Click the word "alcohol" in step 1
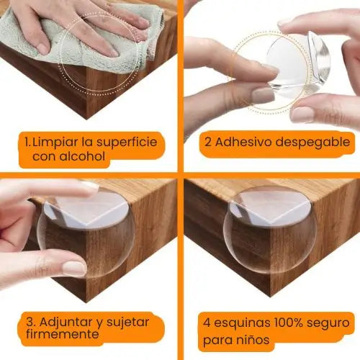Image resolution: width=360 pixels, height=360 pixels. tap(85, 156)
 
